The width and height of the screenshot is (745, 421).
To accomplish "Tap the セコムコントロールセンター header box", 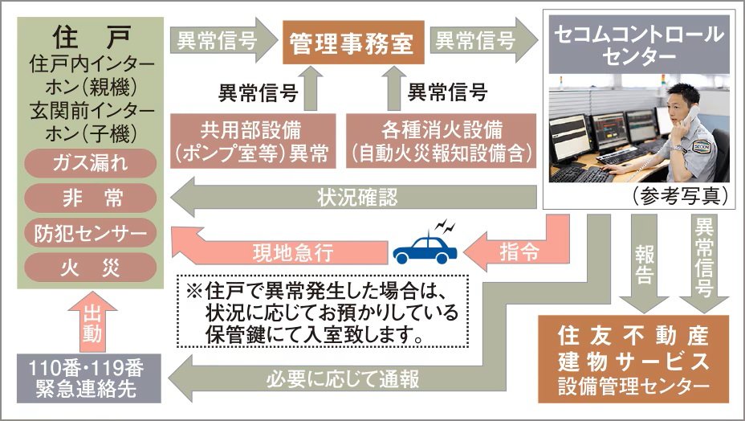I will pos(639,45).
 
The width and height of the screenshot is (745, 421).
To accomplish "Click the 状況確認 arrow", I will pos(353,198).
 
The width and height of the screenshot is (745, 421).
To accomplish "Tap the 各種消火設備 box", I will pos(441,141).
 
